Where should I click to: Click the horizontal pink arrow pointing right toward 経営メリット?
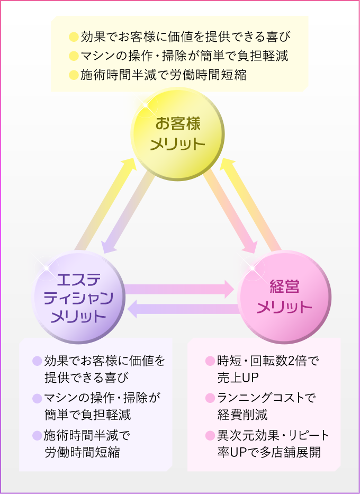(180, 289)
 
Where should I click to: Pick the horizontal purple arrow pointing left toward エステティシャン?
(183, 309)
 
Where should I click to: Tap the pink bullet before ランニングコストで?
(210, 398)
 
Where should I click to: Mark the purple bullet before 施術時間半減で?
(37, 436)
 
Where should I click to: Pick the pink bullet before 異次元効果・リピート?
(210, 436)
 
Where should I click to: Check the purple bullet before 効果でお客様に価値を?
(37, 361)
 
